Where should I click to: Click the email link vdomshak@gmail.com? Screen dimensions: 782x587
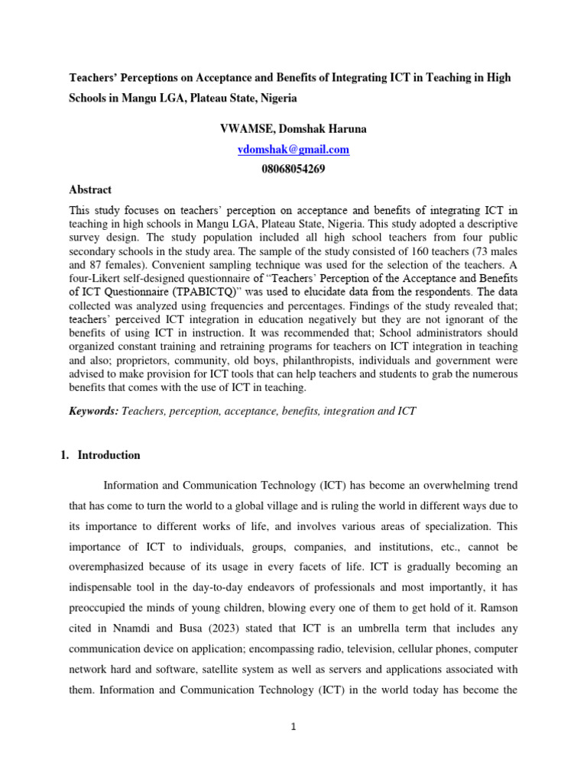(x=293, y=150)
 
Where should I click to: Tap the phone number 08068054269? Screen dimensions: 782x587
(x=293, y=170)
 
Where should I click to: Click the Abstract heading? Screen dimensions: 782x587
(x=90, y=189)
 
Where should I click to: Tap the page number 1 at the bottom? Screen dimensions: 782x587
(x=293, y=727)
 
